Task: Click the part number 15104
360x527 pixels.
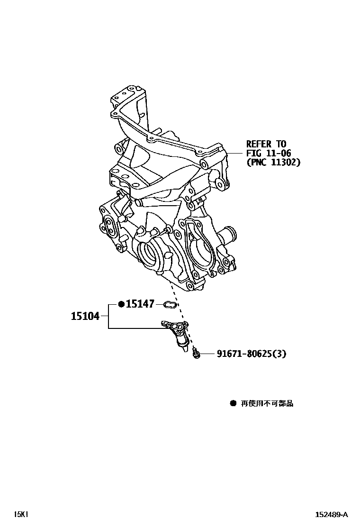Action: (x=85, y=316)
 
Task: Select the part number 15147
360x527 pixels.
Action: (x=140, y=304)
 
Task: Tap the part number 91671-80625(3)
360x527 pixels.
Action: (x=252, y=354)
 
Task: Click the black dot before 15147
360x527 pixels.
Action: (x=121, y=304)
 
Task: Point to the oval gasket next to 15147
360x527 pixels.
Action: (x=170, y=304)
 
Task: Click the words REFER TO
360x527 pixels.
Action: (x=266, y=144)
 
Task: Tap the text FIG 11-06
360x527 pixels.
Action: (x=268, y=153)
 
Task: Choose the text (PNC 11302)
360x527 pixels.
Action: (x=273, y=162)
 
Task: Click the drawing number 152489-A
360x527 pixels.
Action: (x=332, y=514)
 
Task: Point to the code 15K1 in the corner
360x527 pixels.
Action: (x=21, y=514)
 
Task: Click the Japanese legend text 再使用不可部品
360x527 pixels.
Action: (x=267, y=403)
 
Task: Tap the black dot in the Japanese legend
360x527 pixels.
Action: (x=233, y=403)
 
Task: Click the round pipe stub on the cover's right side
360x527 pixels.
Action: (x=229, y=234)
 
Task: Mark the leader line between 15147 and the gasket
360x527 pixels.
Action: (x=159, y=304)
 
